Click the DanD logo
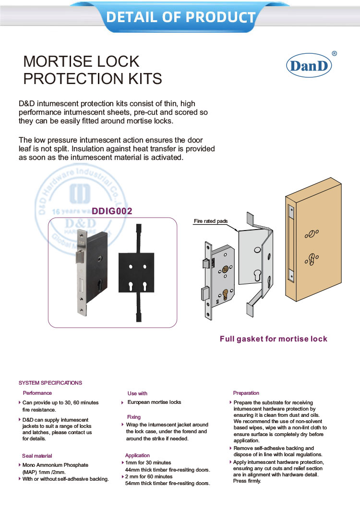coord(309,66)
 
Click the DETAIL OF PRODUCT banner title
coord(180,17)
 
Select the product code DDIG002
coord(111,211)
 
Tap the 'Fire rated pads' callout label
coord(210,221)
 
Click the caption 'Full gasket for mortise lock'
coord(273,339)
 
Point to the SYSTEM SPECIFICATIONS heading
coord(50,383)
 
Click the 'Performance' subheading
coord(37,393)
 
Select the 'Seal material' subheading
coord(37,455)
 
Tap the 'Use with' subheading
coord(137,393)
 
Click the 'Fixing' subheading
coord(134,417)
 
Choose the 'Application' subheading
coord(137,455)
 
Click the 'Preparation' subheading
coord(246,393)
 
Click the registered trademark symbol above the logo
coord(334,54)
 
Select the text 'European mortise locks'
coord(154,402)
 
